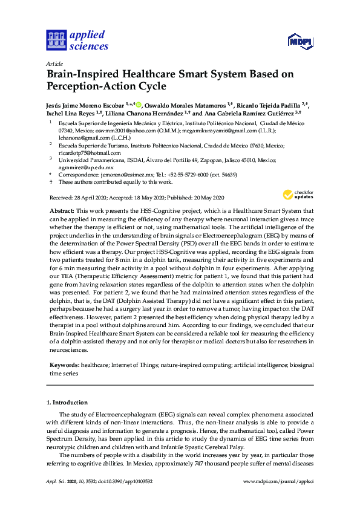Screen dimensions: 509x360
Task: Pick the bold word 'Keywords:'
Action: click(x=62, y=366)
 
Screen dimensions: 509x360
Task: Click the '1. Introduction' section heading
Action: click(x=67, y=403)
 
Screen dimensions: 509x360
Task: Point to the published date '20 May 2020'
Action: click(x=205, y=198)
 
